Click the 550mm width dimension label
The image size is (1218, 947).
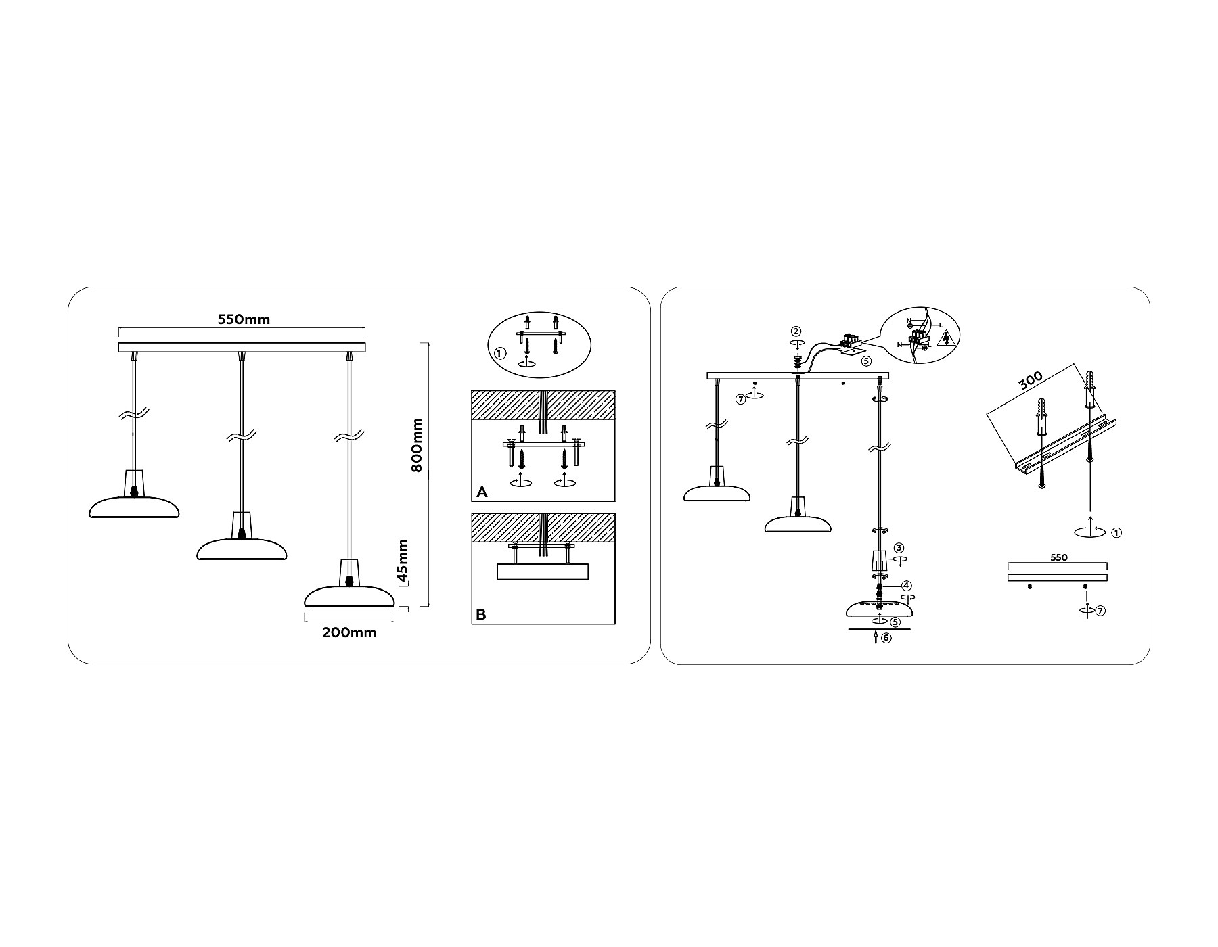(244, 319)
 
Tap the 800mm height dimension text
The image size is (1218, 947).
(417, 445)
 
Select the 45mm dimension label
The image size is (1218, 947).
(403, 561)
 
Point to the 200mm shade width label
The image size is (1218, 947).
(349, 632)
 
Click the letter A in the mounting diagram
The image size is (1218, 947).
(482, 492)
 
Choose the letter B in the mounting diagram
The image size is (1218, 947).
(481, 615)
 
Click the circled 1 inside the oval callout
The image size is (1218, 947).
(499, 354)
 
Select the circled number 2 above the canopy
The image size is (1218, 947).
(796, 331)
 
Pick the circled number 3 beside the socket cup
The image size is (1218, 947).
(899, 548)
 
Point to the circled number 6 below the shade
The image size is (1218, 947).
(886, 637)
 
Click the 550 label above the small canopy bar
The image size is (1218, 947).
(1059, 558)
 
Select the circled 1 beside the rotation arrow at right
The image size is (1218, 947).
(1116, 532)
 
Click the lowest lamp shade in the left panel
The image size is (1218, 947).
(350, 596)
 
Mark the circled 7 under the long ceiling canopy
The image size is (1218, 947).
(740, 399)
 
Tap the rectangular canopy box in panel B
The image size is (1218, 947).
(543, 572)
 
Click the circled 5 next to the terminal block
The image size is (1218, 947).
(866, 361)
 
